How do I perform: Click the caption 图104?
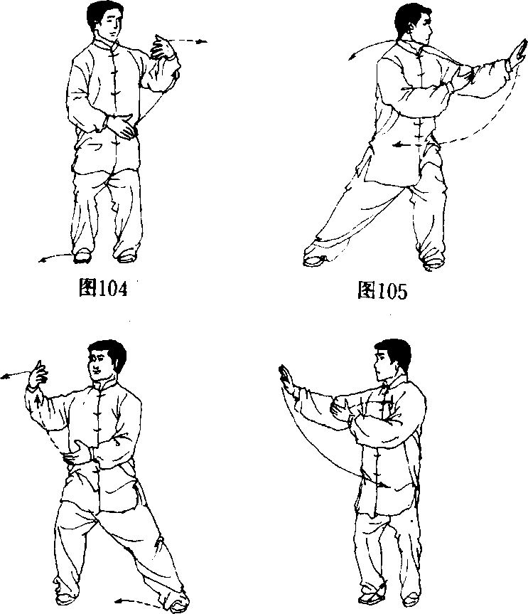103,288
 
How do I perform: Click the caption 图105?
382,290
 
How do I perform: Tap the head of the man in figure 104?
103,21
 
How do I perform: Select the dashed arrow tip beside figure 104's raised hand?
203,41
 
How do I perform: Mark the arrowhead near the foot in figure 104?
42,260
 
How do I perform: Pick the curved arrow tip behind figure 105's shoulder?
352,58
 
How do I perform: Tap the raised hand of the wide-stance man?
38,375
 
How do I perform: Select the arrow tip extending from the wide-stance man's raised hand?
5,376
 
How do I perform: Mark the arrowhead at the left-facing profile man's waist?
385,485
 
